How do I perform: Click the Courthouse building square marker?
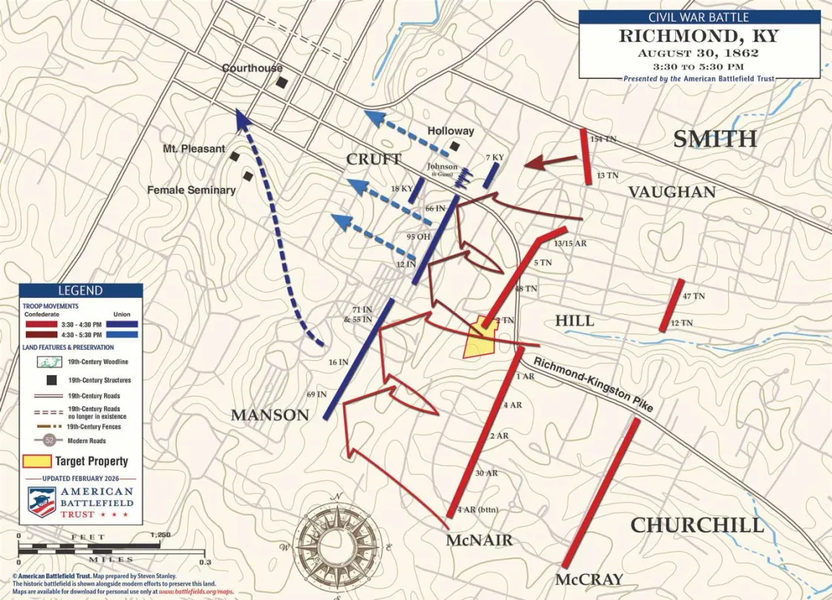click(281, 82)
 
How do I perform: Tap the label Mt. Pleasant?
click(194, 149)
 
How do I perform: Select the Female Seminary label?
click(191, 190)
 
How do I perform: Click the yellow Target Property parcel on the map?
click(480, 340)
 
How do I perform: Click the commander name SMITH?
click(715, 139)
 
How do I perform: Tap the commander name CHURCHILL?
click(697, 526)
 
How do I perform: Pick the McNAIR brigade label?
click(479, 541)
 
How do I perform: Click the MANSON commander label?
click(270, 415)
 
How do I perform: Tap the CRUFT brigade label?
click(374, 159)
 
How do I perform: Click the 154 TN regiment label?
click(603, 139)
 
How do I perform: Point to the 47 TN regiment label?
click(693, 296)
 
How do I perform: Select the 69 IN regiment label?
click(316, 394)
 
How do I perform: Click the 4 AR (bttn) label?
click(475, 509)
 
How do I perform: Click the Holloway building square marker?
click(455, 146)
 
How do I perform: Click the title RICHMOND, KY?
click(700, 36)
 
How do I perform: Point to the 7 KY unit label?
click(494, 158)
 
